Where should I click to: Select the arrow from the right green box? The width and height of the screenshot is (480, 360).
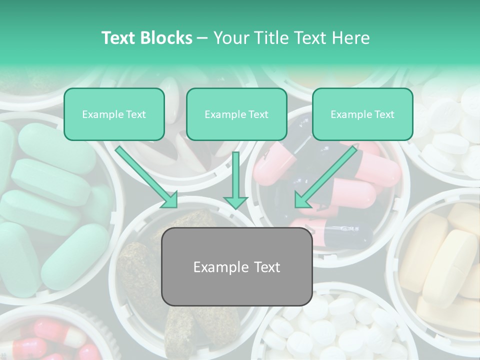coord(327,175)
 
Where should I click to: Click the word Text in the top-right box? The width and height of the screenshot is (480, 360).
coord(384,114)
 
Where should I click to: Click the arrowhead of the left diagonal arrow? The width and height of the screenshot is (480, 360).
coord(170,200)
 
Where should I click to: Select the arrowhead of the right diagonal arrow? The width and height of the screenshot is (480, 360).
coord(301,200)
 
